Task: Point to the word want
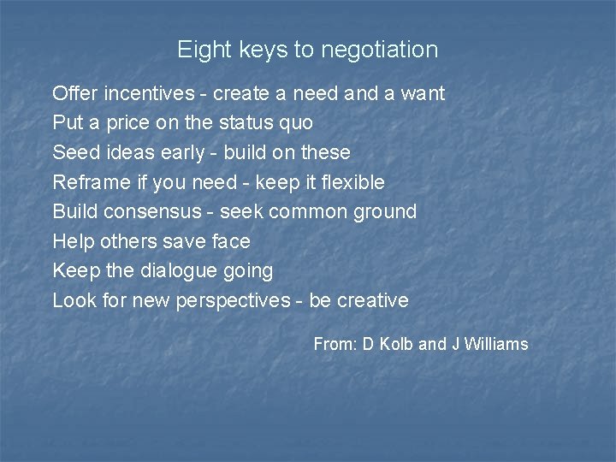(423, 92)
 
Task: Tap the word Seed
(73, 152)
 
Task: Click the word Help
(73, 241)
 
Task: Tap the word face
(229, 241)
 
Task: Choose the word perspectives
(233, 301)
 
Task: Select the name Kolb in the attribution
(397, 344)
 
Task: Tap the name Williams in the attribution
(496, 344)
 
